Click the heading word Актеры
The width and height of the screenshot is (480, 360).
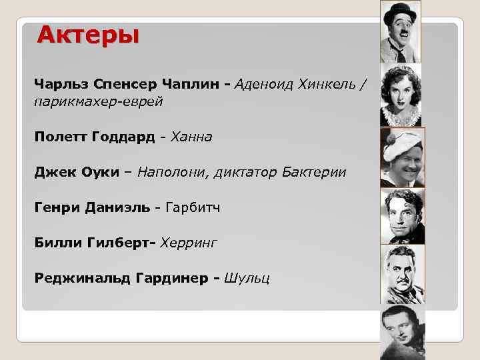(88, 34)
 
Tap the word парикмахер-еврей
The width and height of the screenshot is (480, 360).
(98, 101)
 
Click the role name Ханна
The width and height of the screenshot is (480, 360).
(191, 137)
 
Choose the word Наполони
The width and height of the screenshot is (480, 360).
(169, 172)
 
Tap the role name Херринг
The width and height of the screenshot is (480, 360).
(193, 243)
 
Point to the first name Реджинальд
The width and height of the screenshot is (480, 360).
(76, 278)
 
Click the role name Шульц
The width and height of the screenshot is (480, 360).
(247, 278)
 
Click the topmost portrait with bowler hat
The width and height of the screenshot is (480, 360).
(400, 32)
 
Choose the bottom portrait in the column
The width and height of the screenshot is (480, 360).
(402, 331)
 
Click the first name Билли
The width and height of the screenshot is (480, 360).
(57, 243)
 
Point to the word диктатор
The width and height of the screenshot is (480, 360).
(244, 172)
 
